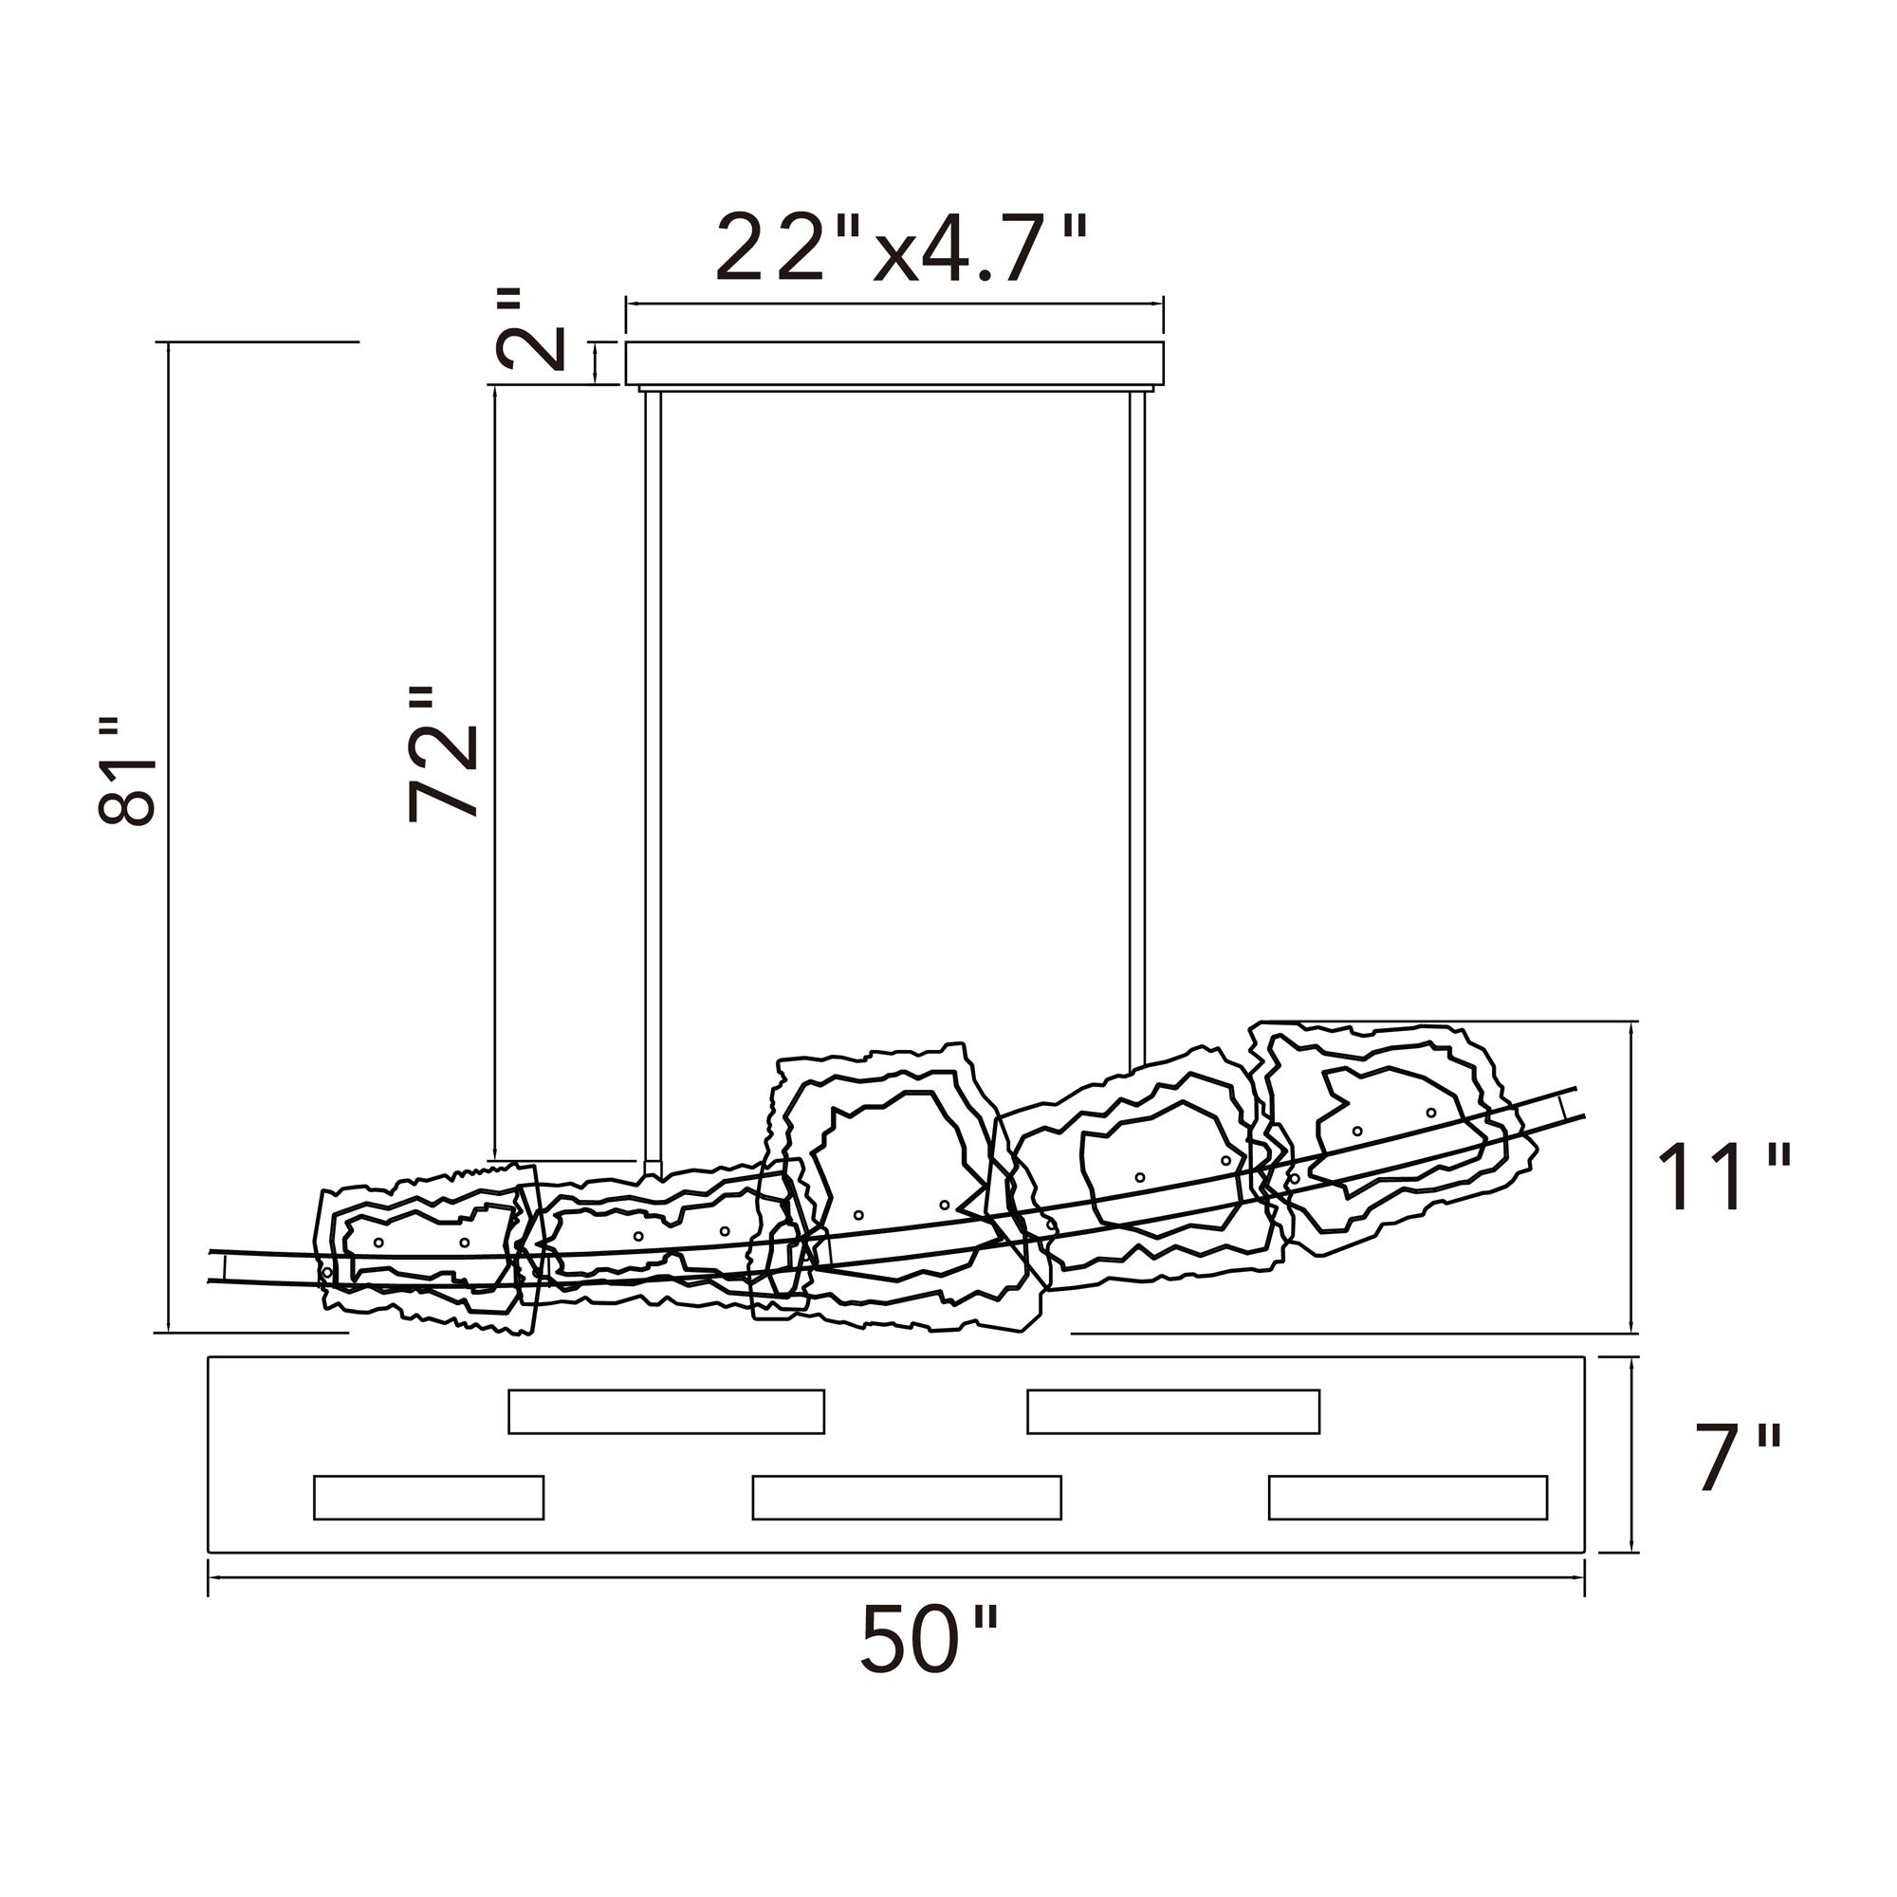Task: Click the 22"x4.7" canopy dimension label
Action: (x=901, y=249)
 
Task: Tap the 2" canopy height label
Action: (x=531, y=329)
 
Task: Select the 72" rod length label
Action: (x=442, y=753)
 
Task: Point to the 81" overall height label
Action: (x=127, y=771)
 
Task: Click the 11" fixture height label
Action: (x=1723, y=1178)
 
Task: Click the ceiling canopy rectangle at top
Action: (x=894, y=362)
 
